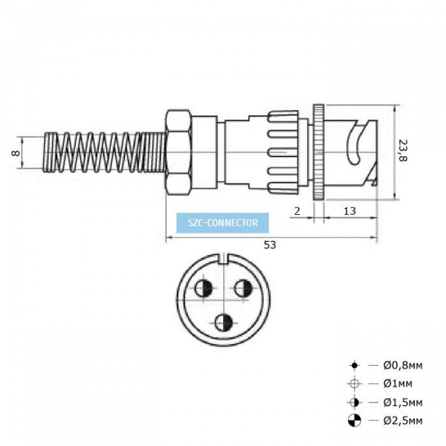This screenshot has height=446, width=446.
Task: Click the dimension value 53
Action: [x=270, y=245]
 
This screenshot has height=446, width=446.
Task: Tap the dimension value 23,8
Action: [x=402, y=150]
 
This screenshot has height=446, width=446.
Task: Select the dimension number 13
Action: [x=349, y=211]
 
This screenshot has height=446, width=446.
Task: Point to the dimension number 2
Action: [x=297, y=211]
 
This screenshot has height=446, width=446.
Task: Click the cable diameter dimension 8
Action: [x=16, y=152]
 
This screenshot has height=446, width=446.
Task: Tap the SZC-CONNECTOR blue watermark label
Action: [x=222, y=223]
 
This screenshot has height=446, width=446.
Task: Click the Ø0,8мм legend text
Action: [x=403, y=365]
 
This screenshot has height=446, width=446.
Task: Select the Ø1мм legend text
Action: [x=398, y=384]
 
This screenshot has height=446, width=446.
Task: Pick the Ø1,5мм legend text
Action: [x=403, y=402]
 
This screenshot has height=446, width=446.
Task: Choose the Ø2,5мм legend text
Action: [x=403, y=421]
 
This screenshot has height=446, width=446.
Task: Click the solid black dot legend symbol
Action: [x=354, y=365]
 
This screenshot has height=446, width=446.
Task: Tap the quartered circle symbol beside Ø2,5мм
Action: [x=354, y=421]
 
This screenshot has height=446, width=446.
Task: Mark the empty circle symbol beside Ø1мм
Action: [x=354, y=384]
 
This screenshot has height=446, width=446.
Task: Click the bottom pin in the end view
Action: [x=224, y=323]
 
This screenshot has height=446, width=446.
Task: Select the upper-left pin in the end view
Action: [x=204, y=288]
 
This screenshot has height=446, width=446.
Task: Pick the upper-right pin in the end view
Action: [x=243, y=288]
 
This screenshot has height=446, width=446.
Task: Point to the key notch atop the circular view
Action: [x=224, y=258]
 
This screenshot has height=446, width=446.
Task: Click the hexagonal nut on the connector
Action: [x=178, y=152]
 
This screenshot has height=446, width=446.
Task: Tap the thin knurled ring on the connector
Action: [x=318, y=152]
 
